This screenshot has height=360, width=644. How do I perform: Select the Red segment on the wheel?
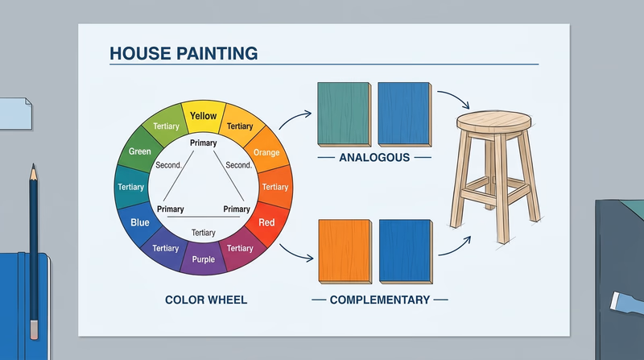(266, 222)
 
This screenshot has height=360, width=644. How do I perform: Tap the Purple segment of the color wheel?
(203, 260)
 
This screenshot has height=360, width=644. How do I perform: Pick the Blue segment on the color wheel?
(140, 221)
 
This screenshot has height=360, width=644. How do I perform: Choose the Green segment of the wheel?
(140, 152)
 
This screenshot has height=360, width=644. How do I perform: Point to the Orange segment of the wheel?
(266, 153)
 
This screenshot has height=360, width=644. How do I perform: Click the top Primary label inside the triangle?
(204, 143)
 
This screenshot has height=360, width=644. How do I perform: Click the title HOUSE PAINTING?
(183, 54)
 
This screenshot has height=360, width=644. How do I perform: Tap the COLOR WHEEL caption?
(206, 300)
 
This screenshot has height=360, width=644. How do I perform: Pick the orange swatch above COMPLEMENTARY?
(344, 250)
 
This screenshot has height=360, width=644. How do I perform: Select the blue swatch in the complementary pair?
(406, 250)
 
